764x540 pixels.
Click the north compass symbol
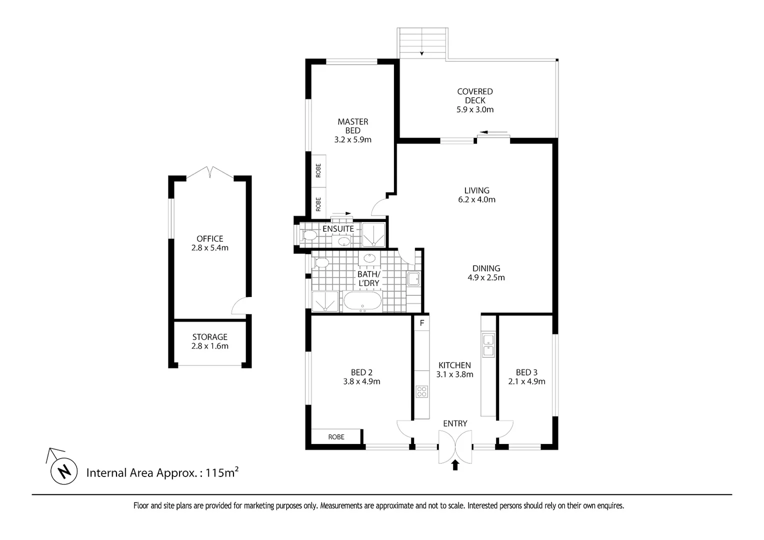[64, 471]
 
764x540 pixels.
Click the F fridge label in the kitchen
[422, 322]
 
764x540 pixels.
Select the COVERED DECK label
[475, 96]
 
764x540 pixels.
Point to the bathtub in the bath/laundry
[362, 300]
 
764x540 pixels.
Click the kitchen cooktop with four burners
[421, 391]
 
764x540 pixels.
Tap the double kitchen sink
[488, 345]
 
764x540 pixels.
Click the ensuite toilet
[308, 235]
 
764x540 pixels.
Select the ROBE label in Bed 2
[336, 437]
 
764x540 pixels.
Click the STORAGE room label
[210, 337]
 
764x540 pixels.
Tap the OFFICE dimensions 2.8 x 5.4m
[210, 248]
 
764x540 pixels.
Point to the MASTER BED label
[353, 126]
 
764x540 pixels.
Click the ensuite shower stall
[373, 234]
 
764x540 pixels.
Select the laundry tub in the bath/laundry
[413, 279]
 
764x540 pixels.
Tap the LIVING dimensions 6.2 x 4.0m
[477, 199]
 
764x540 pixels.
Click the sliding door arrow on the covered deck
[493, 132]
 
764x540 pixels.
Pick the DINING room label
[486, 268]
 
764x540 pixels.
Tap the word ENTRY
[455, 423]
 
